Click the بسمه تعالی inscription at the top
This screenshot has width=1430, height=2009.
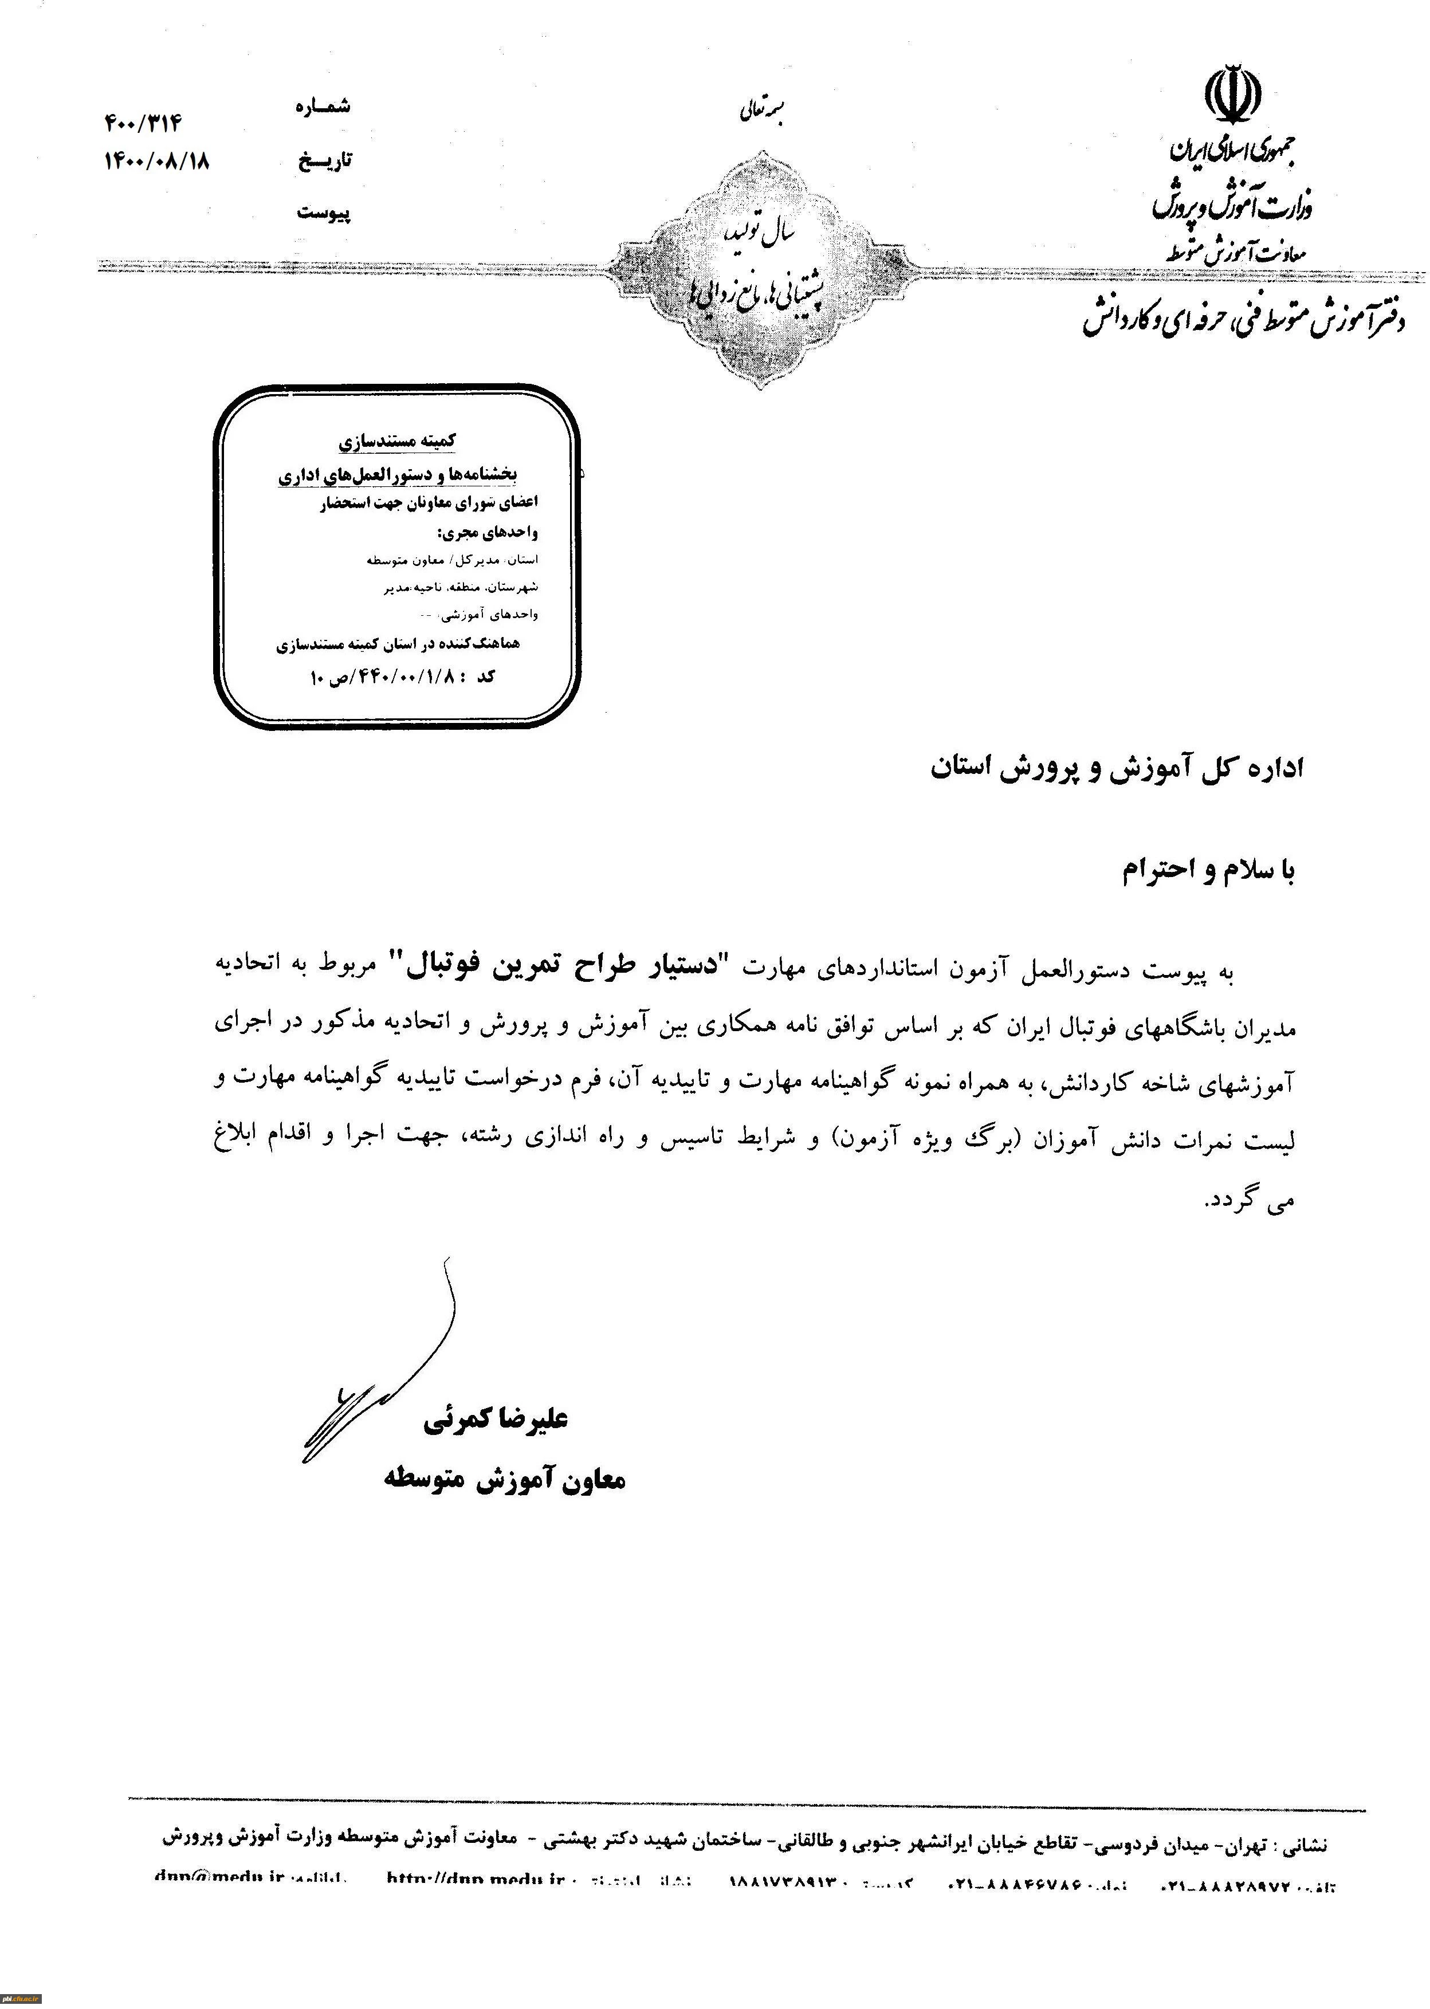761,113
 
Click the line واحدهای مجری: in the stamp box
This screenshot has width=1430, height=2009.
487,533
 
